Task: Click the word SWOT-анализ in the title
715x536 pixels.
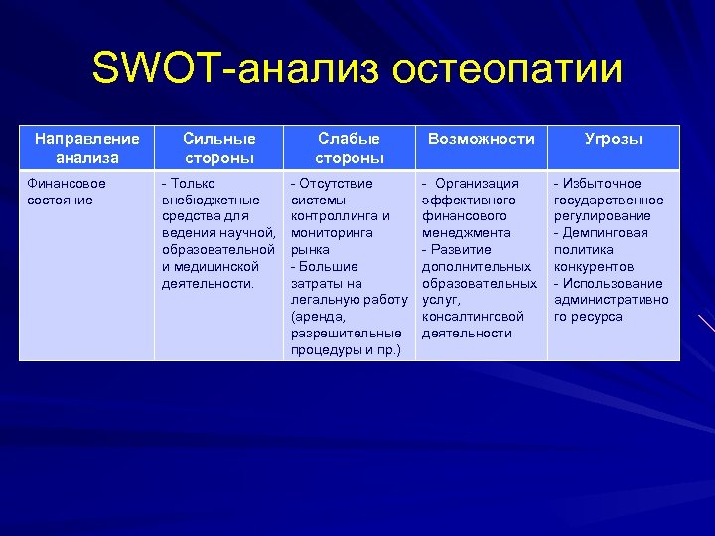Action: point(233,69)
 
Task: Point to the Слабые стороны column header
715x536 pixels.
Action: point(349,148)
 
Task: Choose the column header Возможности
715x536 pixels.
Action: point(481,140)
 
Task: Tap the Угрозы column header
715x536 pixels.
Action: point(613,140)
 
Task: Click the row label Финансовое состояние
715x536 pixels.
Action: point(66,192)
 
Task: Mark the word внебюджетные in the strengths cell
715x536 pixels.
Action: point(211,200)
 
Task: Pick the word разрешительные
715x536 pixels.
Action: point(346,334)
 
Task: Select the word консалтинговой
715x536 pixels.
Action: point(473,317)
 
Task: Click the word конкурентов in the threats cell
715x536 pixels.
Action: point(593,266)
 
